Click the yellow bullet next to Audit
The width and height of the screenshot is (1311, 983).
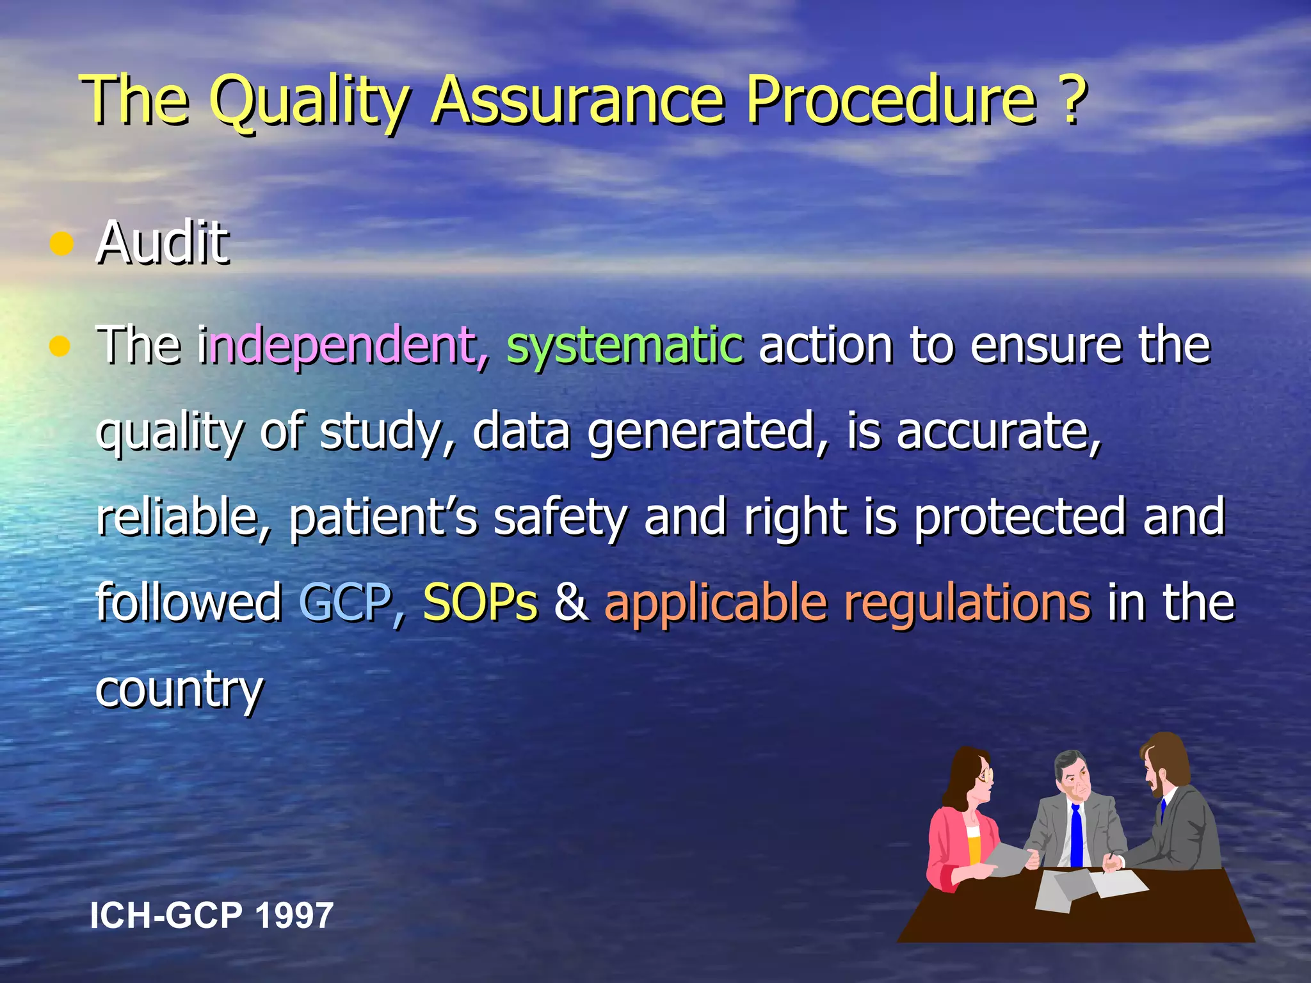point(61,244)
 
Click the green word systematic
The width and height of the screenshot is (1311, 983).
point(624,346)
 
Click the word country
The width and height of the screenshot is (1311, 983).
point(179,690)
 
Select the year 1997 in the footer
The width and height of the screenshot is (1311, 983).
point(294,915)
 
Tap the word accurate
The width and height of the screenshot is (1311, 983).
point(999,431)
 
